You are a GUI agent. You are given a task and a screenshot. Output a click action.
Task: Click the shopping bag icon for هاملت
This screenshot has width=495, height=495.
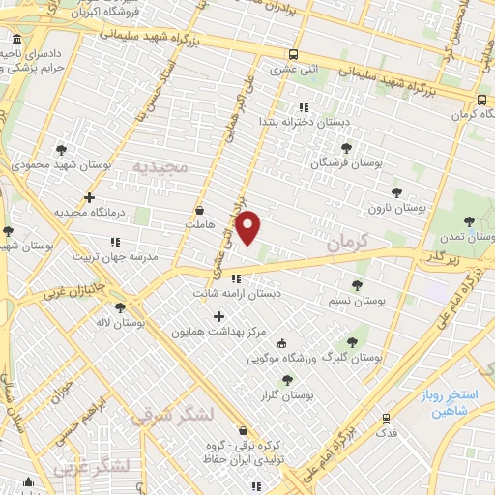click(200, 209)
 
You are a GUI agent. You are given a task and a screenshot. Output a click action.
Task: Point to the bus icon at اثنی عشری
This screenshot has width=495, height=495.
click(292, 54)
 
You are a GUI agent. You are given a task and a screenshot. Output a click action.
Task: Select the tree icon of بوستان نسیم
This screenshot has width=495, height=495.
click(357, 285)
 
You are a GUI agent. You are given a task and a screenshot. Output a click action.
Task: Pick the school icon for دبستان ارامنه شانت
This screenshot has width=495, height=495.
click(237, 279)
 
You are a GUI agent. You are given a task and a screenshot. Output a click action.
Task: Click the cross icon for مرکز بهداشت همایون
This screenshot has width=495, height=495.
click(218, 316)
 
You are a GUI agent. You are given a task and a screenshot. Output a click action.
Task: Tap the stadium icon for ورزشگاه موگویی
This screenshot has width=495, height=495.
click(281, 343)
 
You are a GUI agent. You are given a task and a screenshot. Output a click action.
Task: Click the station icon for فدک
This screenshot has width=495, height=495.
click(387, 419)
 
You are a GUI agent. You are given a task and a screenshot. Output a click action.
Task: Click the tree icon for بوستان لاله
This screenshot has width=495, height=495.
click(119, 308)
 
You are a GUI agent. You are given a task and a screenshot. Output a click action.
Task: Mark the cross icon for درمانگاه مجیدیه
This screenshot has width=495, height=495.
click(89, 197)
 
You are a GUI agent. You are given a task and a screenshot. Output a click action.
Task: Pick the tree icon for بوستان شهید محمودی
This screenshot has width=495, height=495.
click(62, 149)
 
